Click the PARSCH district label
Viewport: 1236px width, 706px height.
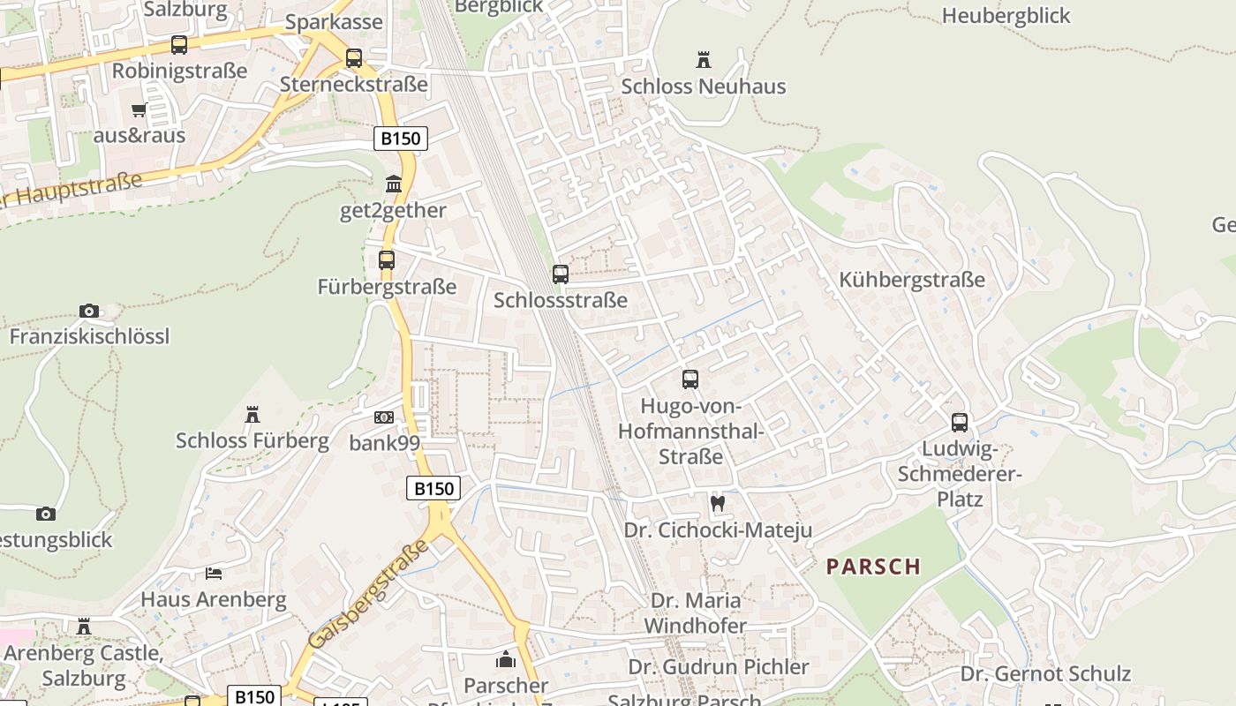(x=873, y=567)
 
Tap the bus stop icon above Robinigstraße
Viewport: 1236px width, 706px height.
(x=179, y=45)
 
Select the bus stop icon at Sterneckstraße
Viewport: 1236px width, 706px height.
(x=354, y=58)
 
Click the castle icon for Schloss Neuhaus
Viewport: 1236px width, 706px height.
(x=704, y=60)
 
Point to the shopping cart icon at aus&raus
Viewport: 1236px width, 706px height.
(x=139, y=110)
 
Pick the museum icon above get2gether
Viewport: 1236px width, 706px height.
(x=394, y=184)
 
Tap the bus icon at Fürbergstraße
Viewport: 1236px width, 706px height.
(x=387, y=260)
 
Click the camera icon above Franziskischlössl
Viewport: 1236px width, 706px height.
(x=89, y=311)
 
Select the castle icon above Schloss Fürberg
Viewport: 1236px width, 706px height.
(x=252, y=414)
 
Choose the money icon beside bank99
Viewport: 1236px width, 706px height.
(x=384, y=417)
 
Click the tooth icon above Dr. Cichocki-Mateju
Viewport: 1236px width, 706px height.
(x=718, y=503)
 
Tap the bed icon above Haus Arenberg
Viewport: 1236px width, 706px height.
(x=214, y=573)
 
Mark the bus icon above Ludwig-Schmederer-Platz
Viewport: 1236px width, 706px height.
(x=960, y=423)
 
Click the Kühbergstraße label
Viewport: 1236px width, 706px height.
(x=912, y=281)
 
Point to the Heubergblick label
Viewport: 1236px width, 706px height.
(x=1006, y=16)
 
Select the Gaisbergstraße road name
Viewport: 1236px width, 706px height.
(x=369, y=594)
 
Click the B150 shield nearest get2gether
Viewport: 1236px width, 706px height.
(x=401, y=139)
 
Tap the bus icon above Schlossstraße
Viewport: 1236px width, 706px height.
(x=561, y=274)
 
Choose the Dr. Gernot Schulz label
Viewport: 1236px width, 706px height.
(x=1045, y=674)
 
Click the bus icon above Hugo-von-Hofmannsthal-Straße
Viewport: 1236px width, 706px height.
(x=690, y=379)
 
